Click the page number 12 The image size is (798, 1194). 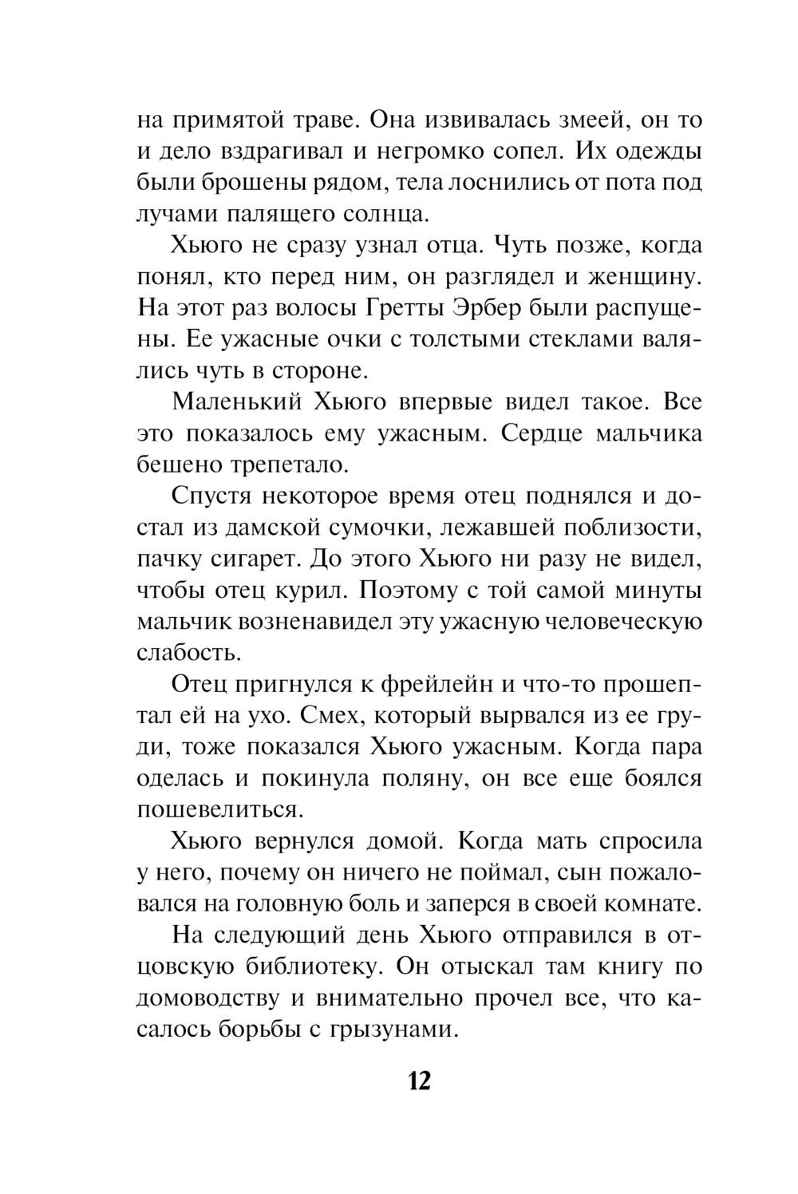pos(419,1081)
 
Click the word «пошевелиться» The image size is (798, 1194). pos(221,809)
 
